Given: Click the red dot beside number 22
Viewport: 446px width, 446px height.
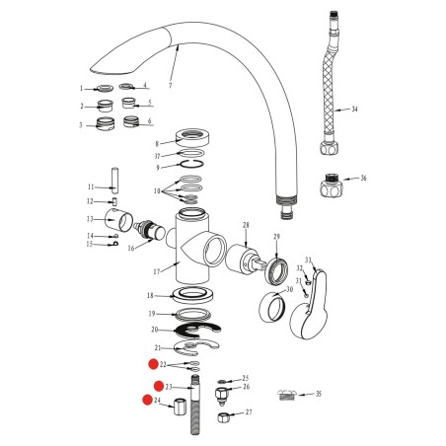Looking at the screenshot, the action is pos(153,364).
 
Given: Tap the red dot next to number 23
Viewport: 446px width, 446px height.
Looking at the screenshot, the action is pos(159,386).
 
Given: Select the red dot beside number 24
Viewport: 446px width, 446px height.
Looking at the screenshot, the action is pos(147,400).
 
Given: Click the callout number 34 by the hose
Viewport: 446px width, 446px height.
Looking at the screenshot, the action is pos(354,110).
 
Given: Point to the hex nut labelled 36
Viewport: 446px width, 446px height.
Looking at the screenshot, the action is pos(332,186).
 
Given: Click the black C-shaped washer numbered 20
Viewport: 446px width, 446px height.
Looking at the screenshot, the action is pos(198,330).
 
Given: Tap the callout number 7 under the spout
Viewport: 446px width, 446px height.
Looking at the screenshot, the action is pos(170,86).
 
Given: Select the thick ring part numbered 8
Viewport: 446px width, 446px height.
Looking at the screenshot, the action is pos(193,136).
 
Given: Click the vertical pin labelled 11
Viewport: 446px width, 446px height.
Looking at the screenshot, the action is pos(114,181).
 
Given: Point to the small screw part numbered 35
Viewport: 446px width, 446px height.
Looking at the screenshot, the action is pos(287,394).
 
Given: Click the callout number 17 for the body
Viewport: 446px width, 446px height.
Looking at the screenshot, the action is pos(157,272).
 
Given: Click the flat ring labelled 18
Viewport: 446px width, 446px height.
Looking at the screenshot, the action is pos(193,295).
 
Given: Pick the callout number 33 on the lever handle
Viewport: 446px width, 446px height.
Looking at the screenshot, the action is pos(308,260).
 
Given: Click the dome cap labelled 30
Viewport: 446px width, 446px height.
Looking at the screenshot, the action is pos(271,307).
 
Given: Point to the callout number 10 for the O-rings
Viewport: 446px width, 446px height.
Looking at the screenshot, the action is pos(157,191).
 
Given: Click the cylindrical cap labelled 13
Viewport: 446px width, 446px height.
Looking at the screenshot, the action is pos(118,220).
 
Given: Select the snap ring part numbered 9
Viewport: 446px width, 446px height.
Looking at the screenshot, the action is pos(191,164).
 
